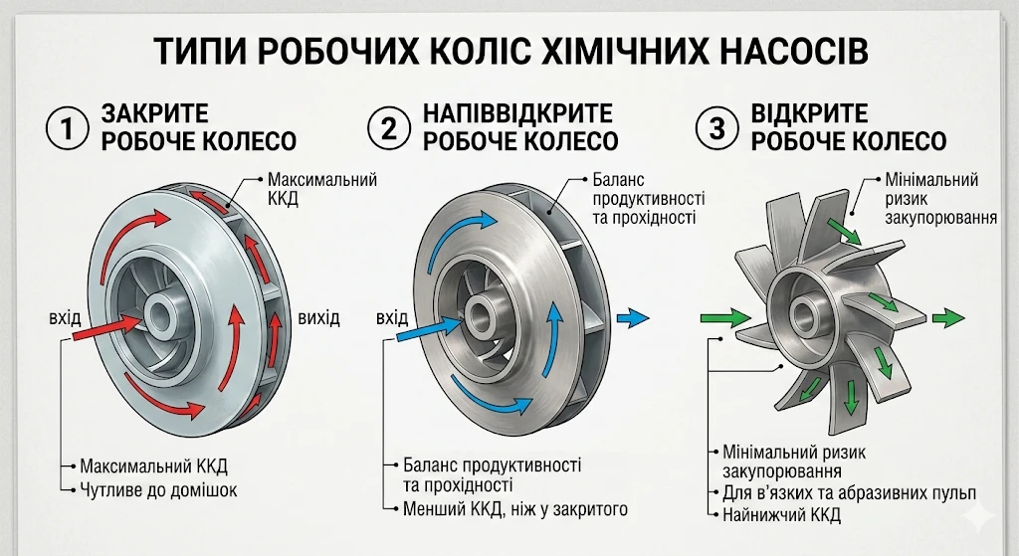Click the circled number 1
point(68,128)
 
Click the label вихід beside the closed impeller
point(318,318)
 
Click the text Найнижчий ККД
point(779,514)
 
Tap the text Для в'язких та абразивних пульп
point(848,492)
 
